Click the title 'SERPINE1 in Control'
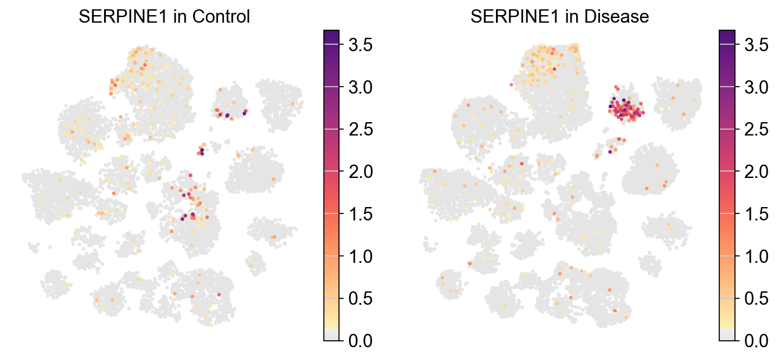[164, 17]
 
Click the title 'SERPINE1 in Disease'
[559, 17]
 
